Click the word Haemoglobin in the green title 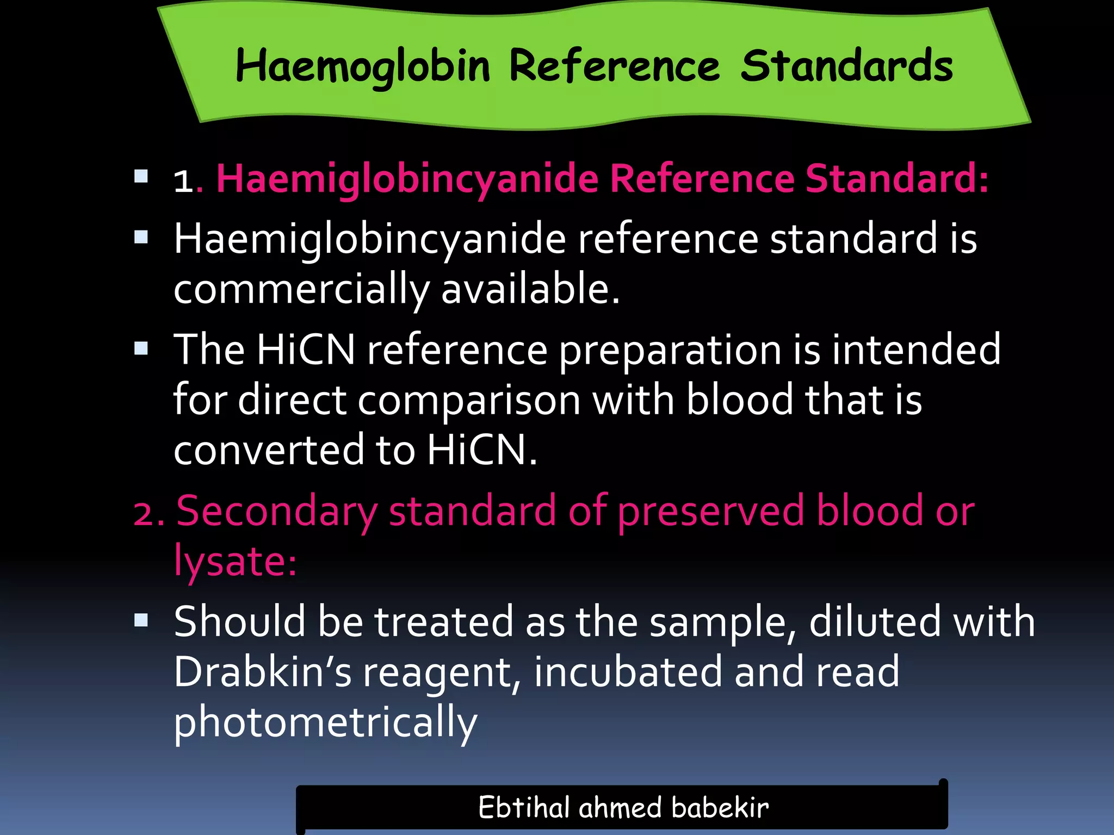(363, 67)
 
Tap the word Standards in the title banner (846, 67)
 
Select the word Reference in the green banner (615, 67)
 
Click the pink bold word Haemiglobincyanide (407, 179)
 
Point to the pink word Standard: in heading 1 (897, 179)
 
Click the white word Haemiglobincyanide (370, 239)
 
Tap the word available (530, 289)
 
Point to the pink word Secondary (277, 512)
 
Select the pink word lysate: (235, 561)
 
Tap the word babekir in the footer (720, 807)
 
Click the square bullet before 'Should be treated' (141, 620)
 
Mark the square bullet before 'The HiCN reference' (141, 348)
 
